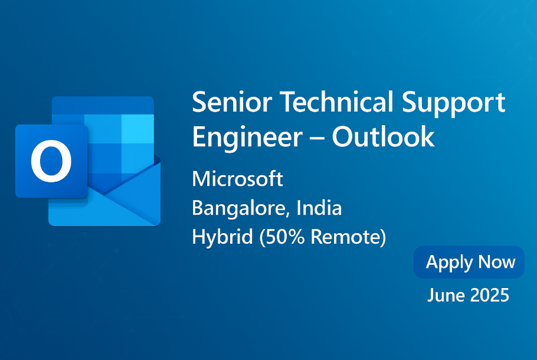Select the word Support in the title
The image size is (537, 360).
click(454, 104)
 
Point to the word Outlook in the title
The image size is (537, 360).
click(383, 136)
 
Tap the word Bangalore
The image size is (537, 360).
click(238, 208)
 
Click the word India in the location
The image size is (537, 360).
click(319, 207)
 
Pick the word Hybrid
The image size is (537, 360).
click(222, 237)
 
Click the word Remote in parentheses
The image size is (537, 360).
click(346, 237)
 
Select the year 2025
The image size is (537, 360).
click(490, 295)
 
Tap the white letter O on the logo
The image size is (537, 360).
click(51, 161)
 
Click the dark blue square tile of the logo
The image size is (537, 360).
click(51, 161)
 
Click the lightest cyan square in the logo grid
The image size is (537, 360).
click(137, 129)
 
